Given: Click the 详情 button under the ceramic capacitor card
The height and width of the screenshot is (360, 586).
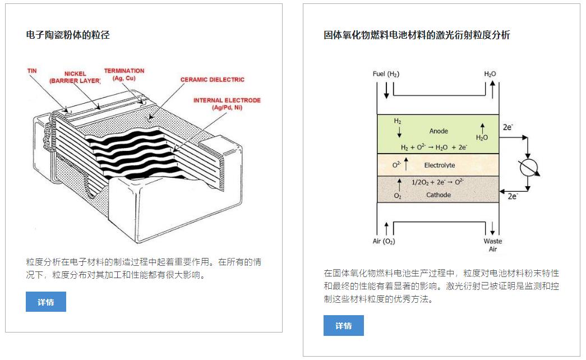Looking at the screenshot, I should tap(46, 302).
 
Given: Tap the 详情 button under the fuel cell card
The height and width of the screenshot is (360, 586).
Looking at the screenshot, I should tap(343, 325).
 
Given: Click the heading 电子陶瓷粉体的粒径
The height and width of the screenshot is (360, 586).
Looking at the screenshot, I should tap(68, 35).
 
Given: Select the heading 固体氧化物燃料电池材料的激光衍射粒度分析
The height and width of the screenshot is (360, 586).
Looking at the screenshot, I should tap(417, 35).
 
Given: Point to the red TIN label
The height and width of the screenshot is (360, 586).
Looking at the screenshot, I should tap(33, 71).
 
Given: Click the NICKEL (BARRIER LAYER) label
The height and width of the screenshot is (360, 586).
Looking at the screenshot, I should tap(75, 77).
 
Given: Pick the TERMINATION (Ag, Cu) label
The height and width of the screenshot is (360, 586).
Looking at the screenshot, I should tap(124, 75).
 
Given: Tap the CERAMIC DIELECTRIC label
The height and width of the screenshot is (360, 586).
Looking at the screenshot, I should tap(212, 80).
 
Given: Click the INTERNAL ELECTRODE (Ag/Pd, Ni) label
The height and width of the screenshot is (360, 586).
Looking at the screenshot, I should tap(227, 104).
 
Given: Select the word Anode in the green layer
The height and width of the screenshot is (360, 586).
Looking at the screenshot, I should tap(439, 131).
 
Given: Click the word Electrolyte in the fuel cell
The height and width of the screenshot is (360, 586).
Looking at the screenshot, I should tap(439, 165).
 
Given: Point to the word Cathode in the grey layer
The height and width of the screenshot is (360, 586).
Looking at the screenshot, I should tap(439, 195).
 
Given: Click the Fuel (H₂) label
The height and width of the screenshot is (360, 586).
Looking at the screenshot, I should tap(386, 74).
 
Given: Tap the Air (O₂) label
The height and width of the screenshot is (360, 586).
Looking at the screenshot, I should tap(384, 242).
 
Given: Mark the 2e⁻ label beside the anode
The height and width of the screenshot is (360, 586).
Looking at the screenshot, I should tap(507, 127).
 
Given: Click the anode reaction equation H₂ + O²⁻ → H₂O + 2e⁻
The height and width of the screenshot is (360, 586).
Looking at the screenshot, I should tap(433, 147).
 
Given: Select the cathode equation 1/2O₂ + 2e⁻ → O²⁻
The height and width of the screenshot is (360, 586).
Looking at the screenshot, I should tap(437, 182).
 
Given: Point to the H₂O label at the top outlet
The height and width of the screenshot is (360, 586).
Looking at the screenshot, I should tap(490, 74).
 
